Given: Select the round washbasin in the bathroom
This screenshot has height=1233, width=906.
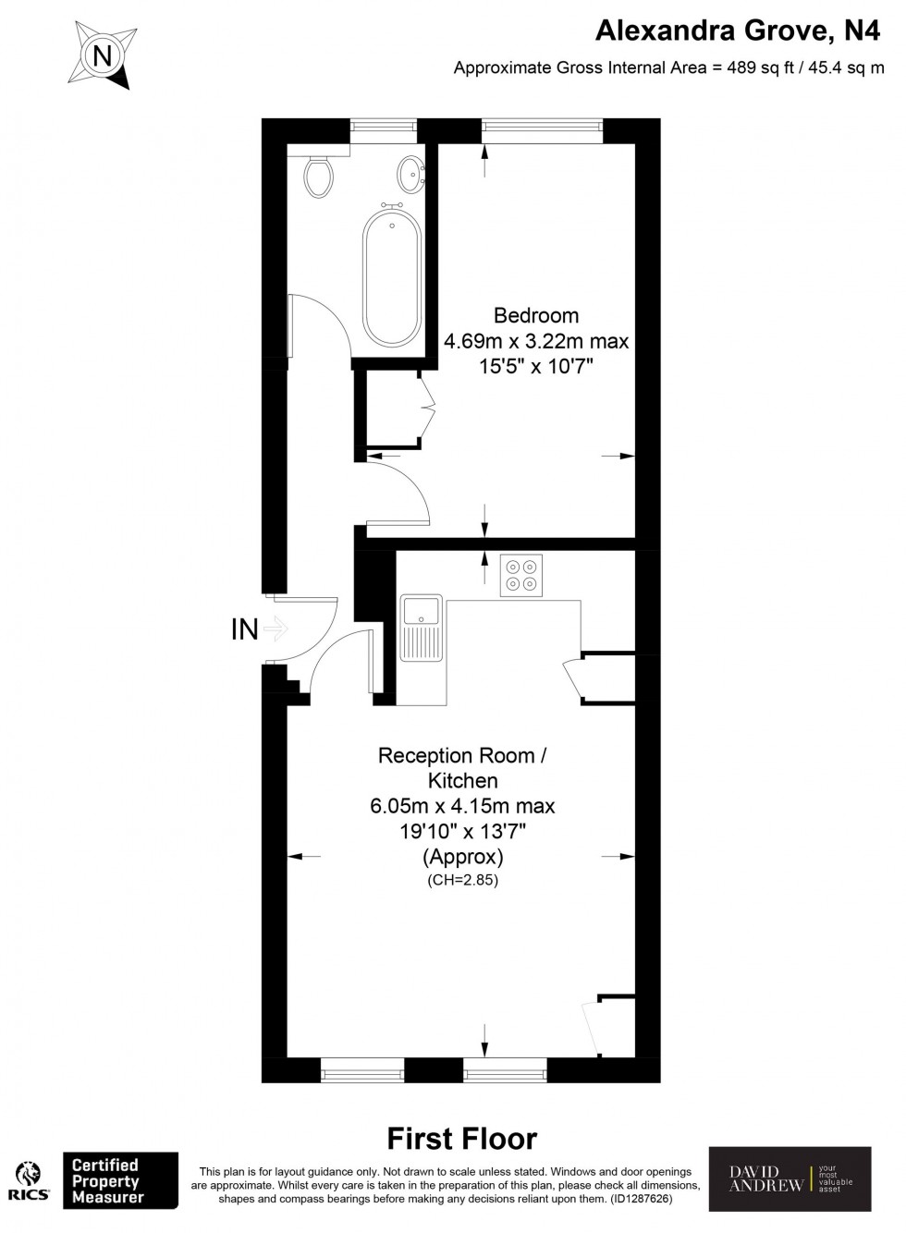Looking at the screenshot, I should (x=410, y=172).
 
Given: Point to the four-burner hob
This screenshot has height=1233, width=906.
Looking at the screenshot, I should (x=520, y=575).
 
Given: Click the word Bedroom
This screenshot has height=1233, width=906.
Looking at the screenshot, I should (x=536, y=315).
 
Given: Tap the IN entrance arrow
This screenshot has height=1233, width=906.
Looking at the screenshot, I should (x=275, y=629).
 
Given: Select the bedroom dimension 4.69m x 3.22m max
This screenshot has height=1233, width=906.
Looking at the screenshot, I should (x=536, y=341).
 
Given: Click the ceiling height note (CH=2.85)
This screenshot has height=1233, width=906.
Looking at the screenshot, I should (x=462, y=881).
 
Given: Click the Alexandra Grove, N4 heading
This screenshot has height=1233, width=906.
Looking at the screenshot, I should (x=738, y=31).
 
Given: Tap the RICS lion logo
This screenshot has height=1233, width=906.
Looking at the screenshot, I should (x=30, y=1175).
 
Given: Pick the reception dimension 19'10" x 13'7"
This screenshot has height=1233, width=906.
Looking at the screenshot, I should (x=462, y=831).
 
